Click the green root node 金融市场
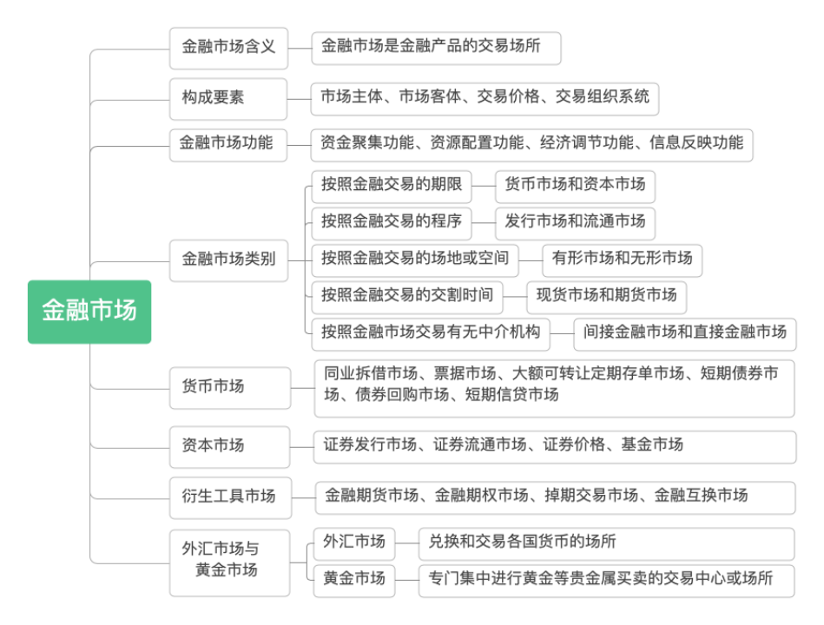click(89, 311)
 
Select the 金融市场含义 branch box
click(227, 48)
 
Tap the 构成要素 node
click(227, 97)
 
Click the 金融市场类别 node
click(227, 260)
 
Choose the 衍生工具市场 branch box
click(229, 497)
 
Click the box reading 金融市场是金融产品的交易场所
click(436, 48)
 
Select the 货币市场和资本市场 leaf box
click(575, 186)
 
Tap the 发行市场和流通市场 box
click(575, 222)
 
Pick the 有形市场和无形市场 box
click(622, 259)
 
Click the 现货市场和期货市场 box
click(606, 296)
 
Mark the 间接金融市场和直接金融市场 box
click(684, 332)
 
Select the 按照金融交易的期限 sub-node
click(391, 186)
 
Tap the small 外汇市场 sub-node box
click(353, 543)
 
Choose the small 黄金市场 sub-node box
click(353, 580)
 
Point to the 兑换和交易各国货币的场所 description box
click(605, 543)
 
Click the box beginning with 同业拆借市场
click(554, 385)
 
